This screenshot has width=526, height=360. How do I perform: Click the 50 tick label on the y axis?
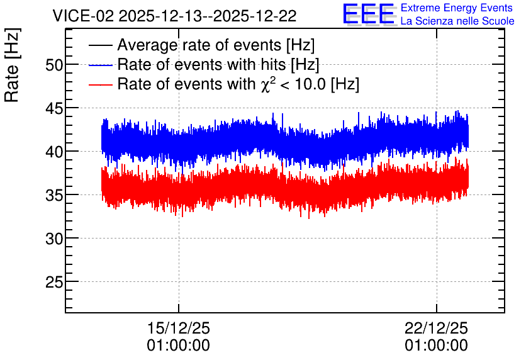54,65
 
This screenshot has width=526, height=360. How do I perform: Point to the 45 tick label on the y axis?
54,108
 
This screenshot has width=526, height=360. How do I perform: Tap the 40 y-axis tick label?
54,152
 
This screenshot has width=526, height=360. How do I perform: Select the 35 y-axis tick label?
54,195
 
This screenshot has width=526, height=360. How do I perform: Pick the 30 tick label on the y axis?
54,239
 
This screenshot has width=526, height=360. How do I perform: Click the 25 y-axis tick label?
54,282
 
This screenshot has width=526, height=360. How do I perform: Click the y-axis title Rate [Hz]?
12,65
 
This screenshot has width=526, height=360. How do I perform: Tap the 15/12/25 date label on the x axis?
179,328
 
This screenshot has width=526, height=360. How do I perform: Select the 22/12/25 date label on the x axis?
436,328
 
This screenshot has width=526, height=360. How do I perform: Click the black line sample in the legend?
100,45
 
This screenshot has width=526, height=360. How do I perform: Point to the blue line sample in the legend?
100,65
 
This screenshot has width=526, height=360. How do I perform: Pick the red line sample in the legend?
100,84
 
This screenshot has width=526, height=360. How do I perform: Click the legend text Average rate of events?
199,45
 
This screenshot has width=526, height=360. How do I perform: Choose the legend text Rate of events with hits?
201,64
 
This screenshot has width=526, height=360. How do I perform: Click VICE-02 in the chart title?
84,16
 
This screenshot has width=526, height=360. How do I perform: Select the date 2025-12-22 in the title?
255,16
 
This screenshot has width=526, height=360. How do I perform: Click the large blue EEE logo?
369,14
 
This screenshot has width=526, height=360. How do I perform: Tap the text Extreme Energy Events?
457,8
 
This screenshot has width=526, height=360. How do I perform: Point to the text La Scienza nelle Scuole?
457,21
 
